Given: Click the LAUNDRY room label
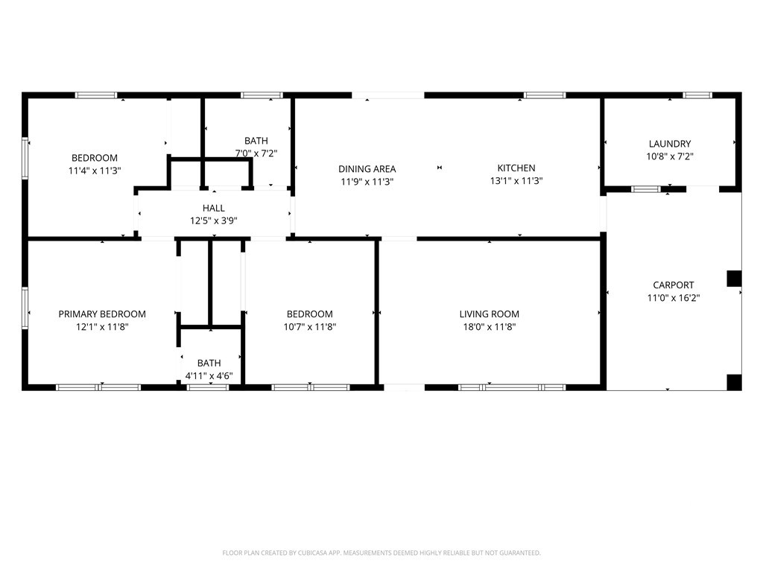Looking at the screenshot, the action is (670, 144).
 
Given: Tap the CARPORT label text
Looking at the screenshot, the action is (674, 285).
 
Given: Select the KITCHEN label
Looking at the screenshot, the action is (516, 168).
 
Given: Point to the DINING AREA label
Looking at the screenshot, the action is (367, 169).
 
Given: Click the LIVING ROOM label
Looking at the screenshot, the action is (489, 314).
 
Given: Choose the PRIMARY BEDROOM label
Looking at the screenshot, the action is (102, 314).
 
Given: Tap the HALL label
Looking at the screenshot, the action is (214, 209).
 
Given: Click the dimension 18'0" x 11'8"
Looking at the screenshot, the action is (489, 327).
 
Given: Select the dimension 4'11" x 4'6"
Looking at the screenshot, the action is (209, 376).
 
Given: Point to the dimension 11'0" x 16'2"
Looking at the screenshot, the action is (674, 298).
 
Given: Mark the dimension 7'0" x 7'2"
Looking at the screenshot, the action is (256, 153).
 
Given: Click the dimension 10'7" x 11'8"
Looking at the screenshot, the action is (310, 327).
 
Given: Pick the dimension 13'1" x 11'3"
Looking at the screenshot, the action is (516, 181).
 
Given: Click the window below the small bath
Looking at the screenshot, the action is (208, 387).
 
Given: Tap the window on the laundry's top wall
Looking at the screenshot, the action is (697, 95).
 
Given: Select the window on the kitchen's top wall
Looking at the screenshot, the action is (545, 95).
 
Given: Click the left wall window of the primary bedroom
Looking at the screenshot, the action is (25, 308).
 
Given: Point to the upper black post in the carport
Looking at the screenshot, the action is (734, 279).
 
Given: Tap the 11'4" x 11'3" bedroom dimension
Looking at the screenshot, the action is (95, 171).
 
